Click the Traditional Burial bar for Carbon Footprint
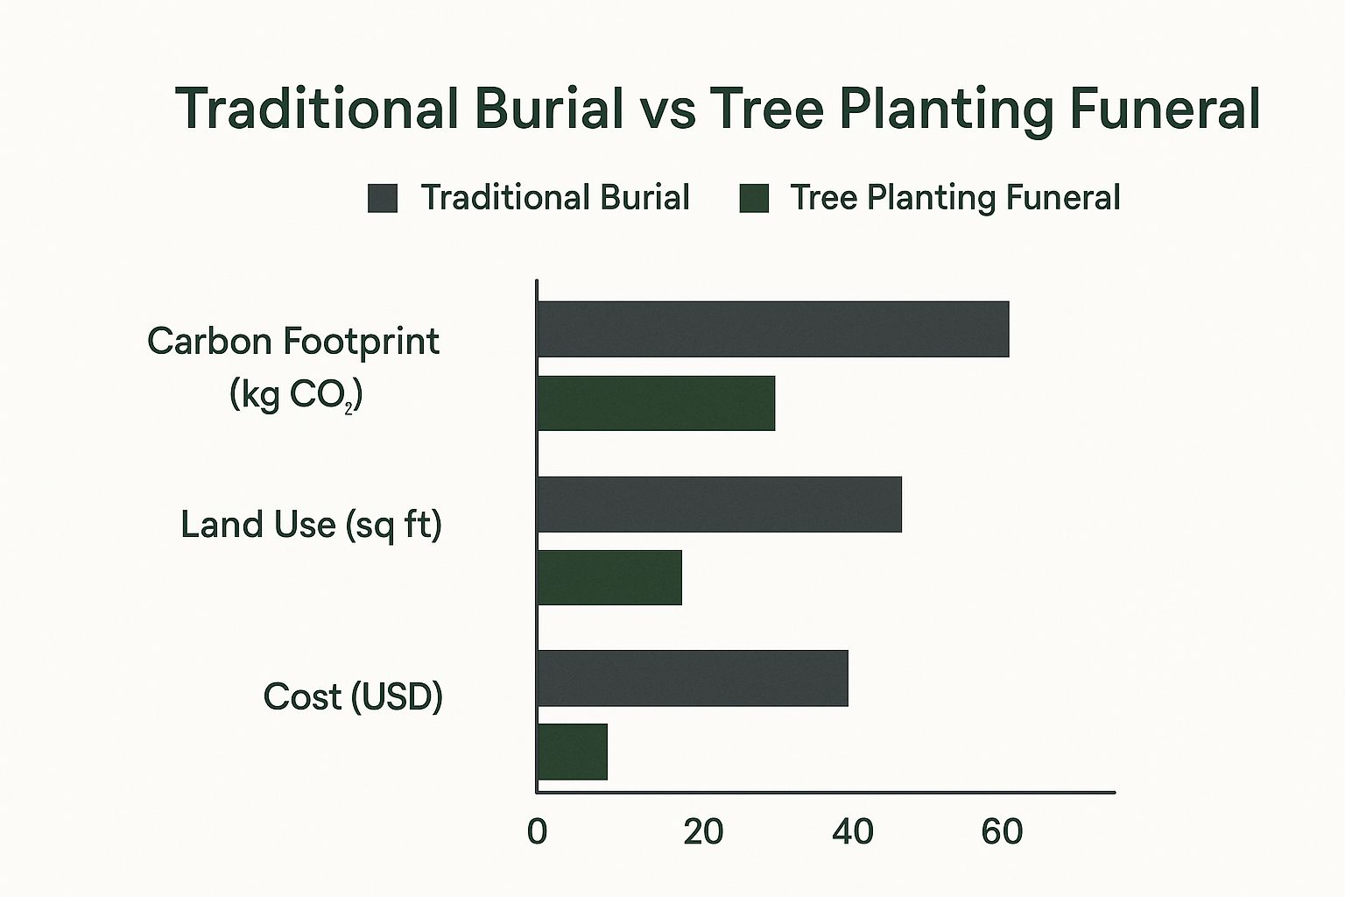click(x=773, y=329)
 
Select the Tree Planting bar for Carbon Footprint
click(x=656, y=403)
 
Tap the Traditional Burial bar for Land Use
click(x=719, y=504)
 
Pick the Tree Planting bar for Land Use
click(x=609, y=577)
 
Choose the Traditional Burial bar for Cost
click(x=693, y=678)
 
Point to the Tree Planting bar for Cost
click(x=572, y=752)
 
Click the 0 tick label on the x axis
click(x=538, y=832)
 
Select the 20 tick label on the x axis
click(x=703, y=832)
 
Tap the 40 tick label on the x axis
click(x=853, y=832)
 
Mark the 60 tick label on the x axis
click(x=1002, y=832)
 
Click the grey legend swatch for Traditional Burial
click(x=383, y=198)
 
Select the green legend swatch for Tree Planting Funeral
click(x=754, y=198)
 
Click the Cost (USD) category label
click(x=353, y=697)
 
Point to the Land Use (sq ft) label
click(x=311, y=525)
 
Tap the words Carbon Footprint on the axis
click(x=293, y=342)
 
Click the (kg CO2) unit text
click(x=296, y=395)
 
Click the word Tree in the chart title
click(x=766, y=109)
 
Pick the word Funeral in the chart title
click(x=1165, y=109)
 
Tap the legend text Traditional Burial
click(x=555, y=197)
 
